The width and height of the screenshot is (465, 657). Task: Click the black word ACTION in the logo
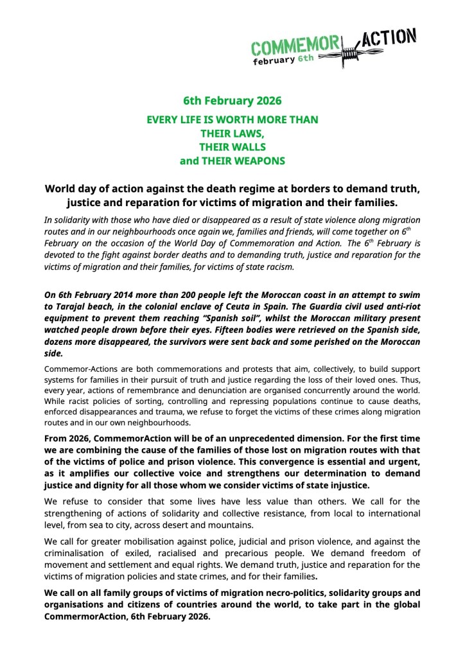point(389,40)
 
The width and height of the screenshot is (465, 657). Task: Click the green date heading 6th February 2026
point(232,101)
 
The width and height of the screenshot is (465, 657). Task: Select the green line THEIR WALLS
point(232,147)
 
